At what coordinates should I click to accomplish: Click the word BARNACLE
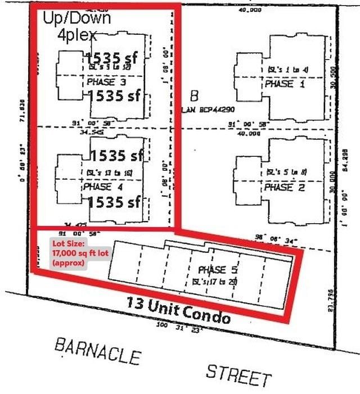tap(97, 352)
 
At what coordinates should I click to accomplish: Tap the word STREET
tap(238, 374)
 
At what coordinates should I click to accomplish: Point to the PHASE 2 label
tap(285, 187)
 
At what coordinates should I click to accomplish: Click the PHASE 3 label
tap(107, 82)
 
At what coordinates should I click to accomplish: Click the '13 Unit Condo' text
tap(178, 310)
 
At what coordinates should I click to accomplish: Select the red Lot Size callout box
tap(69, 253)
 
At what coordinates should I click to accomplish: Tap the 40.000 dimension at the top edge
tap(250, 10)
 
